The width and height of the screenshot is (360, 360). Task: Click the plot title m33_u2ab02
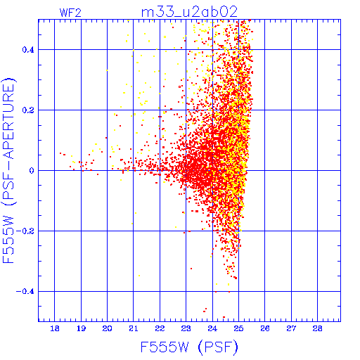[x=189, y=12]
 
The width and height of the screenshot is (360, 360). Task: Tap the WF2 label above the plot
[x=70, y=13]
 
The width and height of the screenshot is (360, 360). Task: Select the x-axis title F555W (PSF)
[x=189, y=347]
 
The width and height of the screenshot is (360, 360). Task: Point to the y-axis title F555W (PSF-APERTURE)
[x=9, y=170]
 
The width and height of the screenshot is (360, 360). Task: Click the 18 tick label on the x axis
[x=55, y=328]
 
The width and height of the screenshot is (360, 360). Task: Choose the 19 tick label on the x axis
[x=81, y=328]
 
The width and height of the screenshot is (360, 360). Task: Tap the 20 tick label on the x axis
[x=107, y=328]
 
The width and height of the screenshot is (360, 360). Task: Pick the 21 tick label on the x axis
[x=134, y=328]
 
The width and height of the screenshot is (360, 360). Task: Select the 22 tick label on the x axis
[x=160, y=328]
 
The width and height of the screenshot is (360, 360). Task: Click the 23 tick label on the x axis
[x=186, y=328]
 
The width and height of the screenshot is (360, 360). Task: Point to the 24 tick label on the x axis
[x=212, y=328]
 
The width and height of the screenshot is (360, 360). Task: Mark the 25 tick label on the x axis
[x=238, y=328]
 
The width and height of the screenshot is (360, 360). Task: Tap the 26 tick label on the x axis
[x=265, y=328]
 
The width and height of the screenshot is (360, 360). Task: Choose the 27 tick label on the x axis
[x=291, y=328]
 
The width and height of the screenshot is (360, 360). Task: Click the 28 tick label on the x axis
[x=318, y=328]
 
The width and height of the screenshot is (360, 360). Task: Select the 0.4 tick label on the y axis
[x=28, y=50]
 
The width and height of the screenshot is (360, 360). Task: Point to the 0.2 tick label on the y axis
[x=28, y=110]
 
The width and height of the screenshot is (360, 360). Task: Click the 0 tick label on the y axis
[x=32, y=171]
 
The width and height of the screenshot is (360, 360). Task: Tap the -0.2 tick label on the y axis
[x=25, y=231]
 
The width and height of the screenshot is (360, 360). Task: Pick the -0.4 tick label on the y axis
[x=25, y=292]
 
